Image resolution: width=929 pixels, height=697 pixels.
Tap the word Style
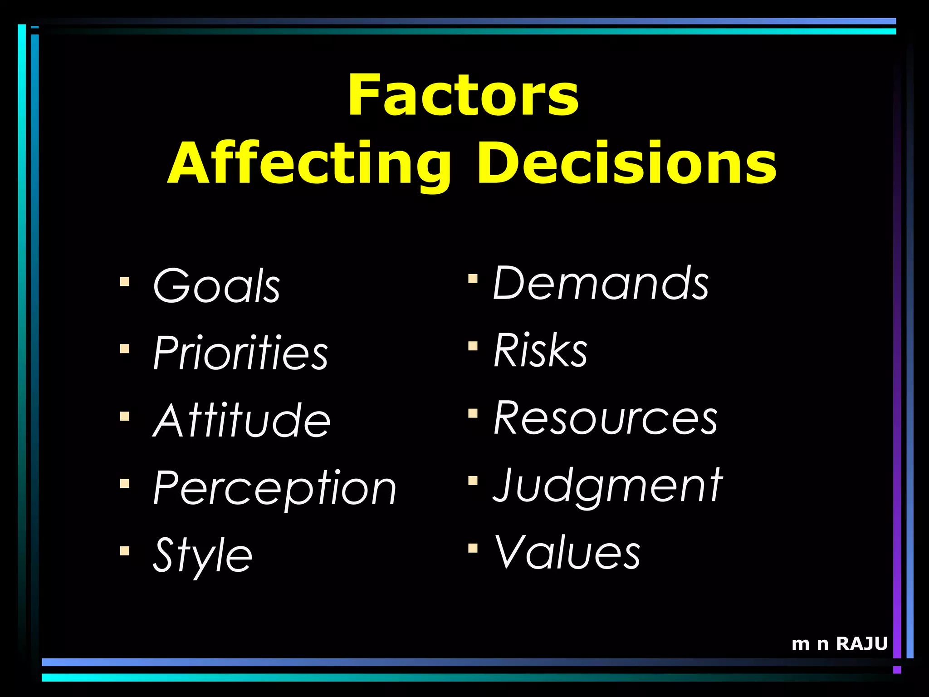[202, 555]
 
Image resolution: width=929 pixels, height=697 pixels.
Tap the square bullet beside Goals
[125, 282]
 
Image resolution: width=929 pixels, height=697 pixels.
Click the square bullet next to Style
[125, 551]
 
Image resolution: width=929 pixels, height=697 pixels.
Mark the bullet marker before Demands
[473, 278]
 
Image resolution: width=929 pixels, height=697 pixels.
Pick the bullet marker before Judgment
[473, 480]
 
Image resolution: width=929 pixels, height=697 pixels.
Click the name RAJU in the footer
[861, 643]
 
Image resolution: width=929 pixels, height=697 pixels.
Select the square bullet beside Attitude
[125, 416]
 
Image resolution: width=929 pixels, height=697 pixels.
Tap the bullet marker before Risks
[473, 346]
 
